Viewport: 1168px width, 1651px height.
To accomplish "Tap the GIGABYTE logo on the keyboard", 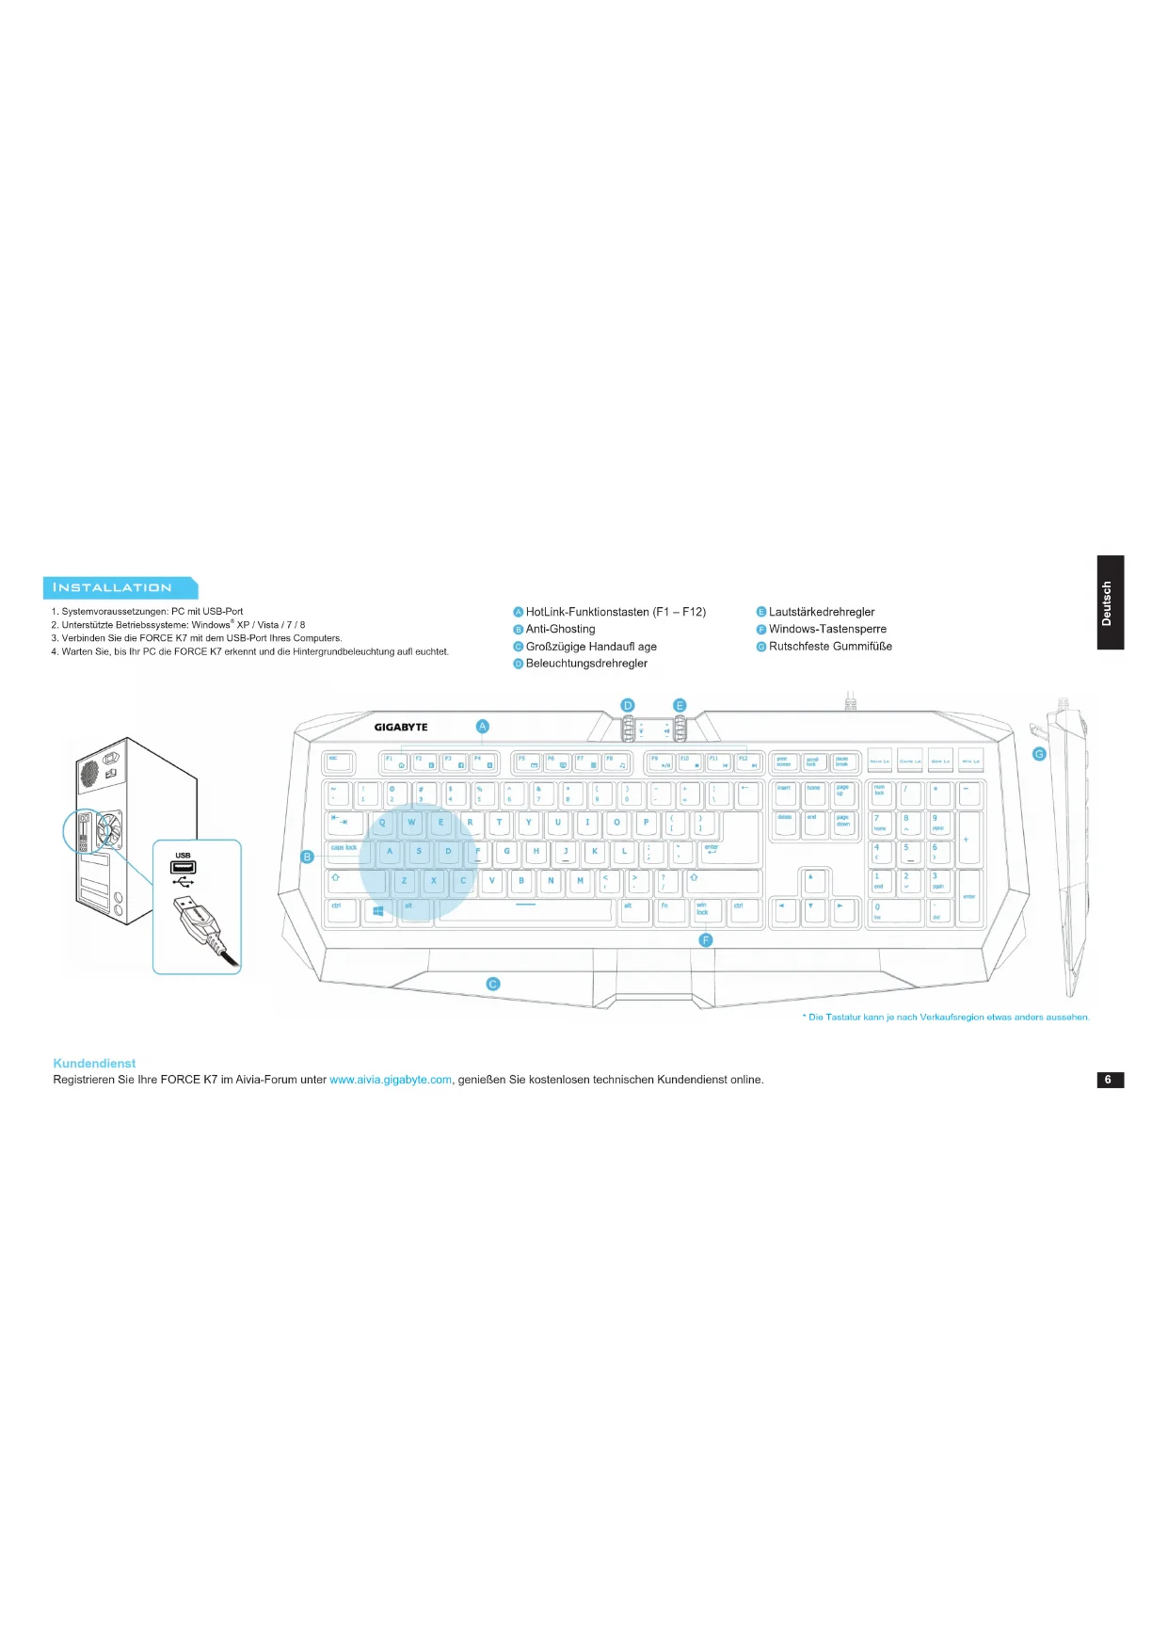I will coord(401,727).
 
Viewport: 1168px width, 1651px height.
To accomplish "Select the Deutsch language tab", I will coord(1110,602).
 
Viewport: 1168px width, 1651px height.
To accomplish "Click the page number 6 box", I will coord(1110,1080).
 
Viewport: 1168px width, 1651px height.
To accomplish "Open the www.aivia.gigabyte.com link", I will coord(391,1080).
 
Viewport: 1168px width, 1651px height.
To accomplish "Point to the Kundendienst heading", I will coord(94,1063).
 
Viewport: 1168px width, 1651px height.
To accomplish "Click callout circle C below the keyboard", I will coord(492,984).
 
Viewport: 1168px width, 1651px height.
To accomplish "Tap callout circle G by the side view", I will coord(1039,754).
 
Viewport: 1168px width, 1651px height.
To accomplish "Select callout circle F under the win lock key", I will coord(706,940).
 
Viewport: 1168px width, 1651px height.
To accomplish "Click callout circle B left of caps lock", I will coord(307,857).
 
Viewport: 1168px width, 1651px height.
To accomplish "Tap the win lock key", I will coord(707,910).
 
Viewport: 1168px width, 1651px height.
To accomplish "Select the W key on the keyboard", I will coord(411,824).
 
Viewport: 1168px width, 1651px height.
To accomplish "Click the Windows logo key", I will coord(378,910).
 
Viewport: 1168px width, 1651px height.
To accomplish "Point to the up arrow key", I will coord(812,881).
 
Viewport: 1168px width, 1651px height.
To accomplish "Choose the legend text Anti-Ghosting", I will coord(560,629).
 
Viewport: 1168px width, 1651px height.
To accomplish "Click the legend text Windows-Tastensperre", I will coord(827,629).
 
